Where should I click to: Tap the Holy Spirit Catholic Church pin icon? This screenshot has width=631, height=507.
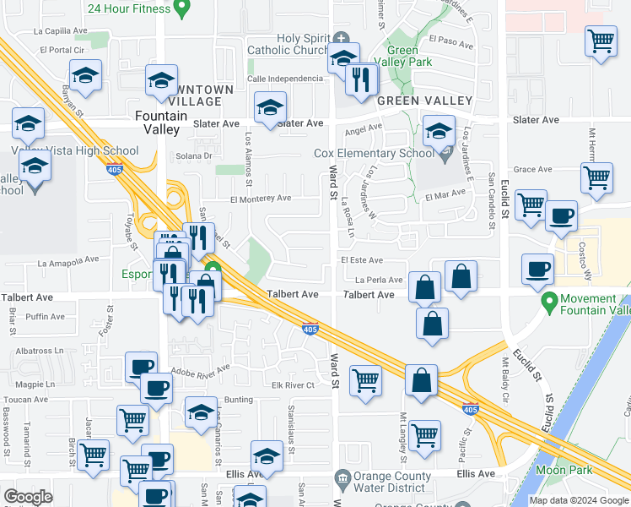click(x=341, y=38)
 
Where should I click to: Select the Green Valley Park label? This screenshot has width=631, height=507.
click(x=402, y=57)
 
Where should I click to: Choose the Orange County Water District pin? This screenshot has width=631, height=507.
click(x=342, y=478)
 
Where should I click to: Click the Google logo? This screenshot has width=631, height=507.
click(x=28, y=497)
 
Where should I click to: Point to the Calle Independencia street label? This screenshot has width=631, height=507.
click(x=285, y=79)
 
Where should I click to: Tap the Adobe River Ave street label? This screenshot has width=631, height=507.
click(x=200, y=370)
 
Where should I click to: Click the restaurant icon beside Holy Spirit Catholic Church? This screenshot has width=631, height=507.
click(x=362, y=79)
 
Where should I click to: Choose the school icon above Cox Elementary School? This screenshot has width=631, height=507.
click(x=438, y=132)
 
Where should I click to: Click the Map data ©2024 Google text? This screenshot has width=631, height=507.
click(x=579, y=500)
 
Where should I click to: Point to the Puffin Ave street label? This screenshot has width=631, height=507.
click(x=45, y=317)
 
